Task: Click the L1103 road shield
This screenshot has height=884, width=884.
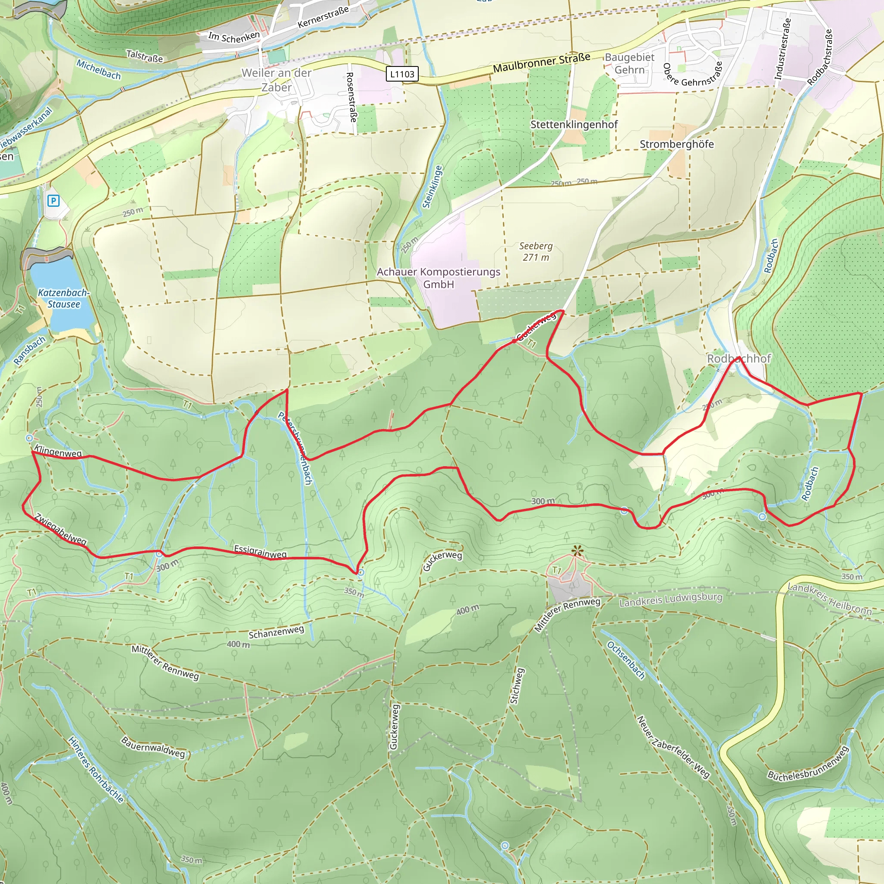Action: (402, 74)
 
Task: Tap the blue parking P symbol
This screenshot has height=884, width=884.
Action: (54, 200)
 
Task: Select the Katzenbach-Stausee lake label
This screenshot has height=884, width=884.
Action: (63, 298)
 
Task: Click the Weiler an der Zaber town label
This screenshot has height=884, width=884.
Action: (276, 80)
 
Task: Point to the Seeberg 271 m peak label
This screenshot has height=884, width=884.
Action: (536, 251)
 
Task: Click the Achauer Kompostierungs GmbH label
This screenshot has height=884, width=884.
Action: (439, 278)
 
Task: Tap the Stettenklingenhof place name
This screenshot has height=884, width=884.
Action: (574, 124)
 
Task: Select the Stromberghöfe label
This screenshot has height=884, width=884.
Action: (676, 144)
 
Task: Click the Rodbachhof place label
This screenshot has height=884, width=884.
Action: (739, 358)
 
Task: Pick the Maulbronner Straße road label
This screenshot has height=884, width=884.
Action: (541, 63)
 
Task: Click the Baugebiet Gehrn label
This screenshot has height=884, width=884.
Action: (630, 63)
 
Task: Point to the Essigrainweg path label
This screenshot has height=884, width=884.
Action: (260, 551)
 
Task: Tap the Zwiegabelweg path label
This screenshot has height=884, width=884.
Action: (60, 529)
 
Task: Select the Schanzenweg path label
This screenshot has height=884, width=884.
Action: (276, 632)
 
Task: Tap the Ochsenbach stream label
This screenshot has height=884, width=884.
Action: (625, 660)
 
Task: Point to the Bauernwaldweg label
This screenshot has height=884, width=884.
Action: (153, 747)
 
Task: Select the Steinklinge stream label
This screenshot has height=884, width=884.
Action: (433, 186)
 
